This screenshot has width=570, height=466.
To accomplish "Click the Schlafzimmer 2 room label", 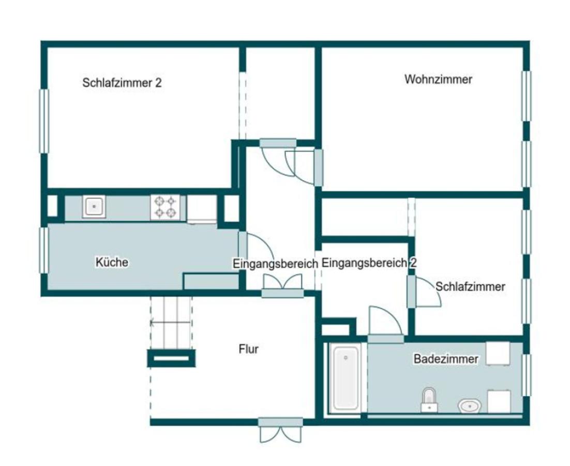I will pos(122,83).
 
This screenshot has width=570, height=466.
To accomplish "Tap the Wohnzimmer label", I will pos(438,80).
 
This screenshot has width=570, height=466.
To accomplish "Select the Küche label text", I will pos(112,263).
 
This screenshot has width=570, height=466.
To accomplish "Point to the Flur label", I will pos(248,349).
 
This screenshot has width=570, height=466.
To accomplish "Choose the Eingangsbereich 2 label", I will pos(369,263).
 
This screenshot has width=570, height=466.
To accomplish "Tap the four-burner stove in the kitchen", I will pos(165,207).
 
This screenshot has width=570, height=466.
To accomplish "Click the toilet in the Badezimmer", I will pos(429,399).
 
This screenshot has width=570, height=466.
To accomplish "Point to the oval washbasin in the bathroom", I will pos(470,406).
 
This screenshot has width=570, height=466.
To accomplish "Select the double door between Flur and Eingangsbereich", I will pos(282,286).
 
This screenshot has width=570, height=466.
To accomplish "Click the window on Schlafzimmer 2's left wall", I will pos(44,121).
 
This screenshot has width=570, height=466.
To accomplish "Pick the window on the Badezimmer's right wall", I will pos(526,375).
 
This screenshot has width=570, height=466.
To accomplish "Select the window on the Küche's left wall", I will pos(44,250).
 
